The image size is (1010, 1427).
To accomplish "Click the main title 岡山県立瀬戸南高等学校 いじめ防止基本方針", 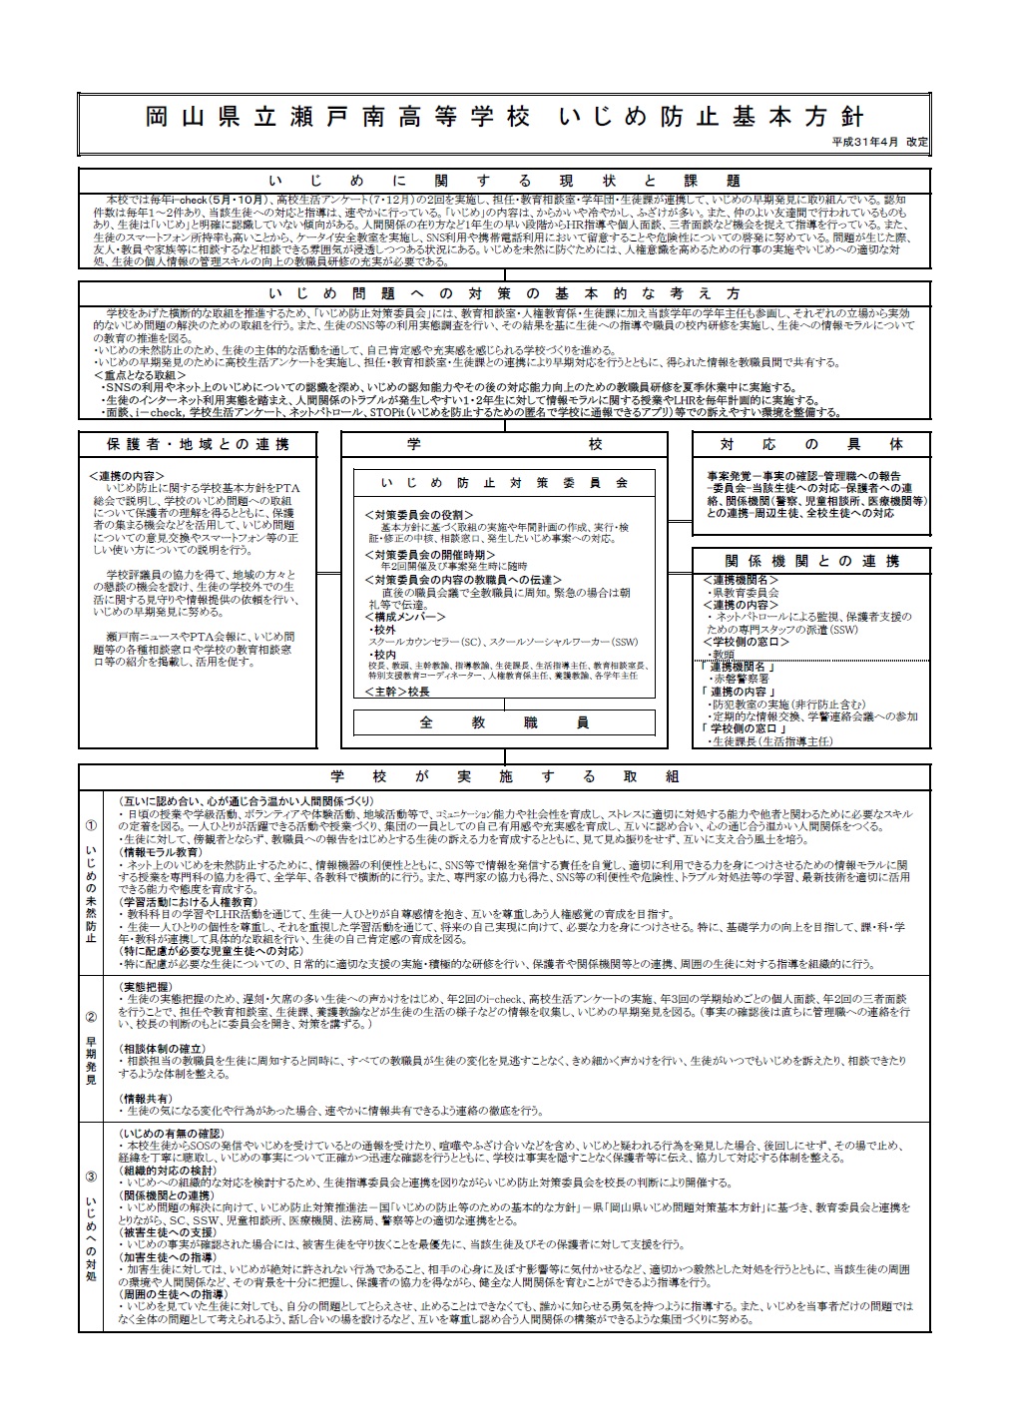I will (x=504, y=117).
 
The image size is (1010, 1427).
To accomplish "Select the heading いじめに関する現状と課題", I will (x=504, y=181).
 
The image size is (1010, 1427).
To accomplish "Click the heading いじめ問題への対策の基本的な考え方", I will (x=504, y=293).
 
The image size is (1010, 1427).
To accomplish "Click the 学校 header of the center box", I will (x=504, y=444).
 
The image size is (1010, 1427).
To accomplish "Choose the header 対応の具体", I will (x=810, y=444).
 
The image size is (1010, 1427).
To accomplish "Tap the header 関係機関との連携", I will (x=810, y=561).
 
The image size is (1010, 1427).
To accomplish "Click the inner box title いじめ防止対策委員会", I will (x=504, y=483).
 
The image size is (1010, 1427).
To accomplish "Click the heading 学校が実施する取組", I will (x=504, y=776).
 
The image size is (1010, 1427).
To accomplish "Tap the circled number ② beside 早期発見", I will (x=91, y=1018).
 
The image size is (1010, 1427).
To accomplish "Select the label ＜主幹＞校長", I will (x=396, y=691).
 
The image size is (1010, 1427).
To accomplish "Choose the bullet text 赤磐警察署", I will (x=745, y=678).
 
